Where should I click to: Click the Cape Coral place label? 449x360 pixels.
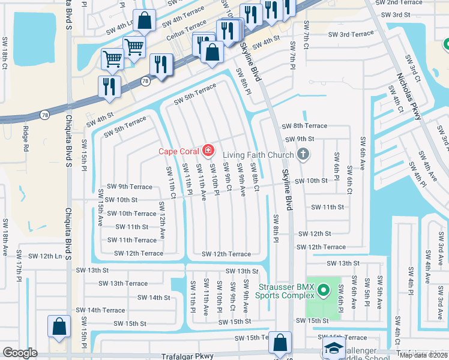(x=179, y=151)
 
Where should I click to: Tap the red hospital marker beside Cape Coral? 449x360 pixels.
(x=208, y=150)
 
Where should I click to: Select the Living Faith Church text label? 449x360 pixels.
(x=259, y=155)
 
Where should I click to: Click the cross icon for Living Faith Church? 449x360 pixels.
(x=303, y=154)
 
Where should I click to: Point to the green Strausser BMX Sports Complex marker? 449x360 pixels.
(x=324, y=292)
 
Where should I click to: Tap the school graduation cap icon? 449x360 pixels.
(x=333, y=349)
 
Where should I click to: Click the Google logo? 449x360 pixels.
(x=20, y=353)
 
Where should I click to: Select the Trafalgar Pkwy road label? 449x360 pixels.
(x=188, y=356)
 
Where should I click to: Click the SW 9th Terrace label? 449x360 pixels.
(x=130, y=187)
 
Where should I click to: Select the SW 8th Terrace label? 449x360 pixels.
(x=304, y=126)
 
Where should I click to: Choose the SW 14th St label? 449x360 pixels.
(x=154, y=297)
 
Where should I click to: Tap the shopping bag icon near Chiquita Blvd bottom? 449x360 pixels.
(x=59, y=328)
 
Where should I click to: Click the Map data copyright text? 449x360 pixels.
(x=423, y=355)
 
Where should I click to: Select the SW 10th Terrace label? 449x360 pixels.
(x=132, y=214)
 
